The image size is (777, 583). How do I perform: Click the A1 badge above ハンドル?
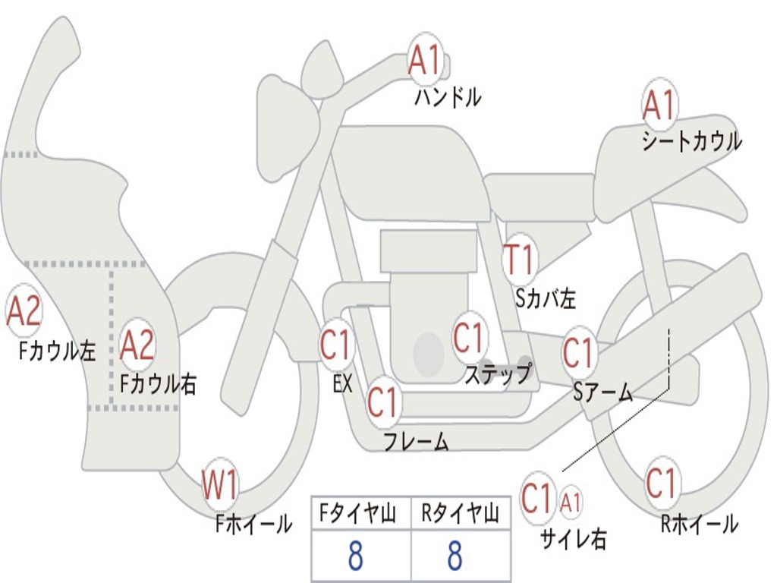tap(425, 60)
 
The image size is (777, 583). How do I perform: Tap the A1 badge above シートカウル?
tap(659, 105)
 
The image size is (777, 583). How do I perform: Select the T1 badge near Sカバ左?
tap(520, 260)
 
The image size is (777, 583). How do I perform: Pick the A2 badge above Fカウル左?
tap(23, 311)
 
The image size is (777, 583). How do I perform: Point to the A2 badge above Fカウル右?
tap(137, 345)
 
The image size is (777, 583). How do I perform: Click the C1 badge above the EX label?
tap(335, 345)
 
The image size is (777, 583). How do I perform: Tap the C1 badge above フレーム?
tap(382, 402)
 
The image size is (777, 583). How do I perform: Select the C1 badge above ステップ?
tap(469, 337)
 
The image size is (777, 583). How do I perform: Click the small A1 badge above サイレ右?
tap(571, 502)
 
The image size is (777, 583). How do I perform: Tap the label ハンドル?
tap(448, 97)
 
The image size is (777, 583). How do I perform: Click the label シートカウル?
tap(691, 142)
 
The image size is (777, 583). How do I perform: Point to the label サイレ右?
tap(573, 539)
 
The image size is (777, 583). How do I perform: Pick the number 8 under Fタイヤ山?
tap(355, 557)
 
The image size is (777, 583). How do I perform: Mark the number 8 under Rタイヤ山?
tap(455, 557)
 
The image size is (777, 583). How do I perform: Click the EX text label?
tap(343, 384)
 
